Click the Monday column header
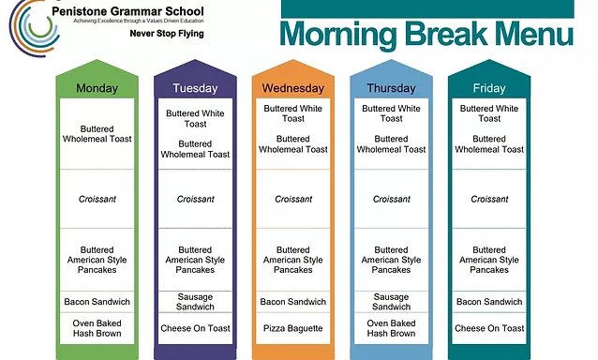[97, 88]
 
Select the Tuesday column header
[195, 88]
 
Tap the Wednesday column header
[293, 88]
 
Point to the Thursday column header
[392, 88]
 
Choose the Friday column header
[489, 88]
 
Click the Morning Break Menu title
[426, 34]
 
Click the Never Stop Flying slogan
[167, 34]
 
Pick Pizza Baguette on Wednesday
[293, 328]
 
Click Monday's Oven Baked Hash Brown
[97, 328]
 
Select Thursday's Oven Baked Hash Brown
[392, 328]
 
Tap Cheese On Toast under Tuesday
[195, 328]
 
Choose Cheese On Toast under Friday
[489, 328]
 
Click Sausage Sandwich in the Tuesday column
[195, 302]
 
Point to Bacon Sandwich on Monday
[97, 302]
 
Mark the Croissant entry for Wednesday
[293, 199]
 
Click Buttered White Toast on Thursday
[392, 113]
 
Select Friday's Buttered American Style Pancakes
[489, 260]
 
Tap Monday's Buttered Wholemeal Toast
[97, 134]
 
